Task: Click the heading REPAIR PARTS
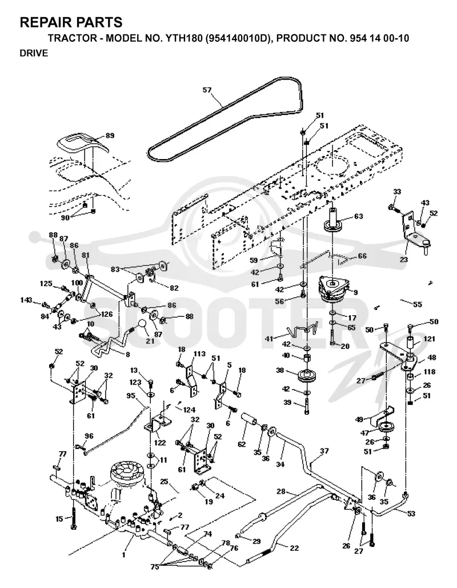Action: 71,22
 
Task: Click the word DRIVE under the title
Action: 34,53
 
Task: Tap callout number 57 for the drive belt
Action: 207,90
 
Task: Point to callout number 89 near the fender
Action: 110,136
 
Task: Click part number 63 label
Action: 359,216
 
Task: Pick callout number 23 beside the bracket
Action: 404,259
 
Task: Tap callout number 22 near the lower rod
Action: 294,548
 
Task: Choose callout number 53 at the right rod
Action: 411,514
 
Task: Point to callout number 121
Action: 429,339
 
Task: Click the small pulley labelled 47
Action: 386,427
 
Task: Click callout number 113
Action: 199,353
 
